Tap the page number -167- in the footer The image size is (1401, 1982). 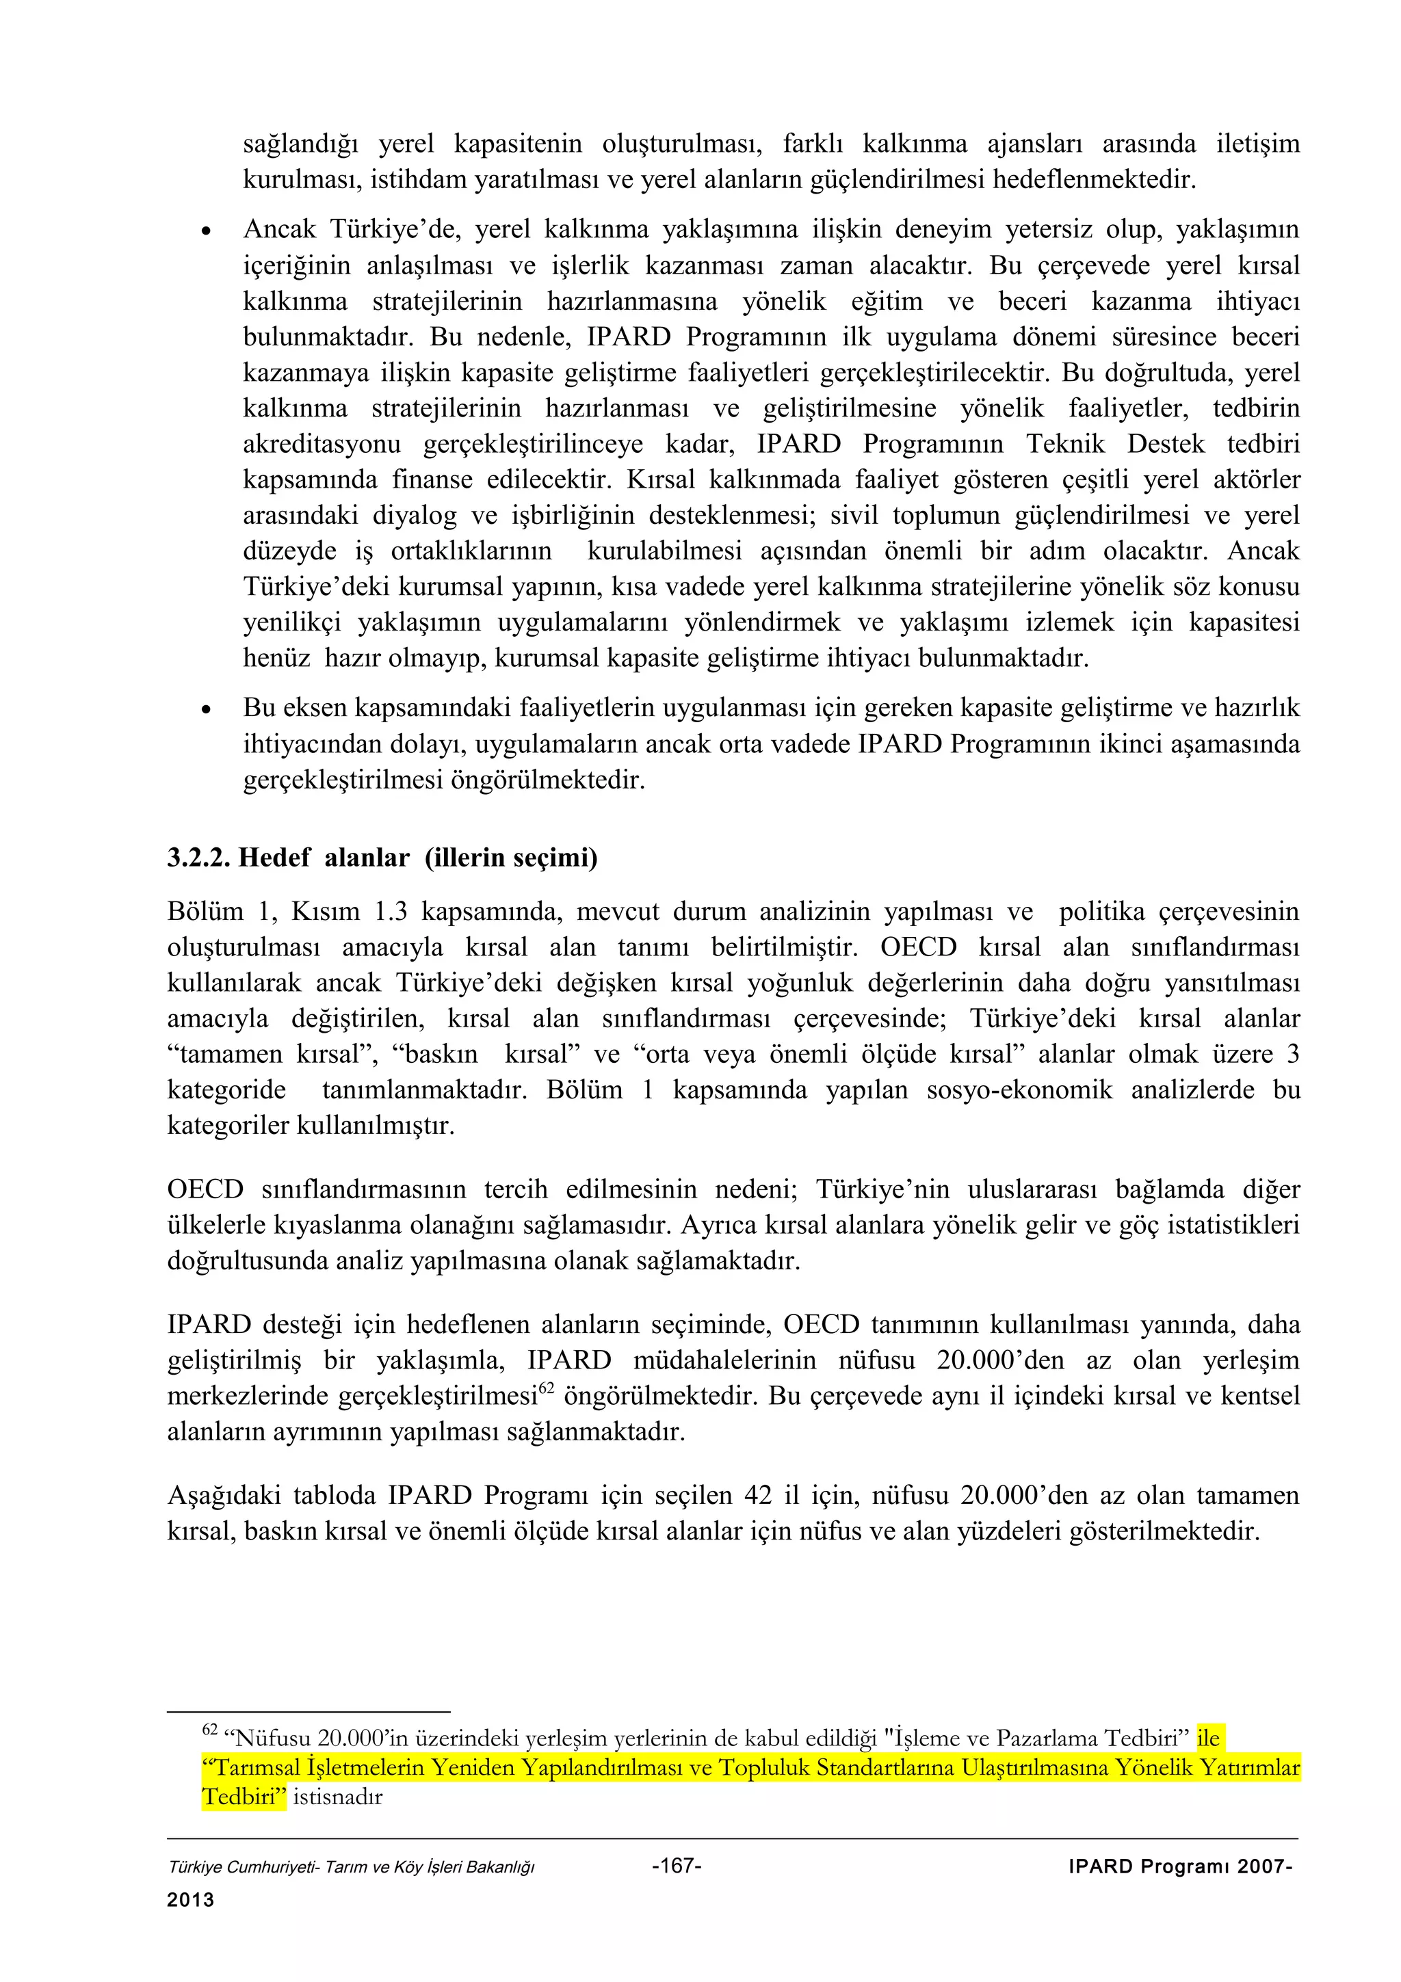677,1866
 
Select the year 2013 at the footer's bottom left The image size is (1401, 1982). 190,1899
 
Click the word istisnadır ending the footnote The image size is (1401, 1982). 337,1797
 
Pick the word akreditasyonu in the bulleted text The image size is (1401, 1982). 321,444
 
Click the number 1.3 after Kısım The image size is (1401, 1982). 391,911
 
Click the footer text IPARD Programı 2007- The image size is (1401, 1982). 1180,1866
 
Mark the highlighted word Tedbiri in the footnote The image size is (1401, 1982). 244,1797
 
